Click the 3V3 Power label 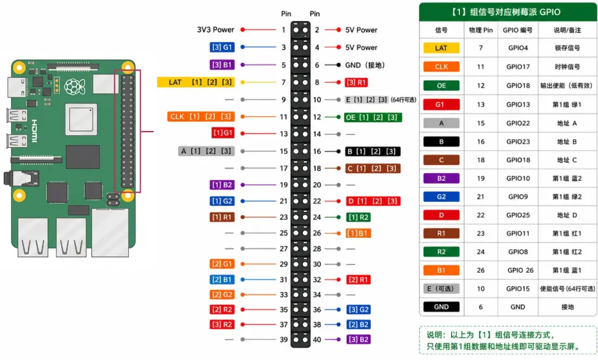216,30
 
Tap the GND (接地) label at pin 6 365,65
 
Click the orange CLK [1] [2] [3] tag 201,116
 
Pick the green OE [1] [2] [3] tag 373,117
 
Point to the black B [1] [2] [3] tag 373,152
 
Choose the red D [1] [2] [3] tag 373,201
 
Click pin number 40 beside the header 317,339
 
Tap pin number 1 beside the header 283,30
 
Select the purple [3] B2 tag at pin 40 359,339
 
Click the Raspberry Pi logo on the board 74,87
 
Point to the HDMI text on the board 34,131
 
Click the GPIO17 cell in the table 518,67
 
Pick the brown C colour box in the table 441,160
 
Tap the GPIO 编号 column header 517,30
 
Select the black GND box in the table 441,306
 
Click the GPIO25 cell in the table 518,215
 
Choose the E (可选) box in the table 441,289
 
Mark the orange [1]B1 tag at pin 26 359,233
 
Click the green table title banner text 506,12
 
